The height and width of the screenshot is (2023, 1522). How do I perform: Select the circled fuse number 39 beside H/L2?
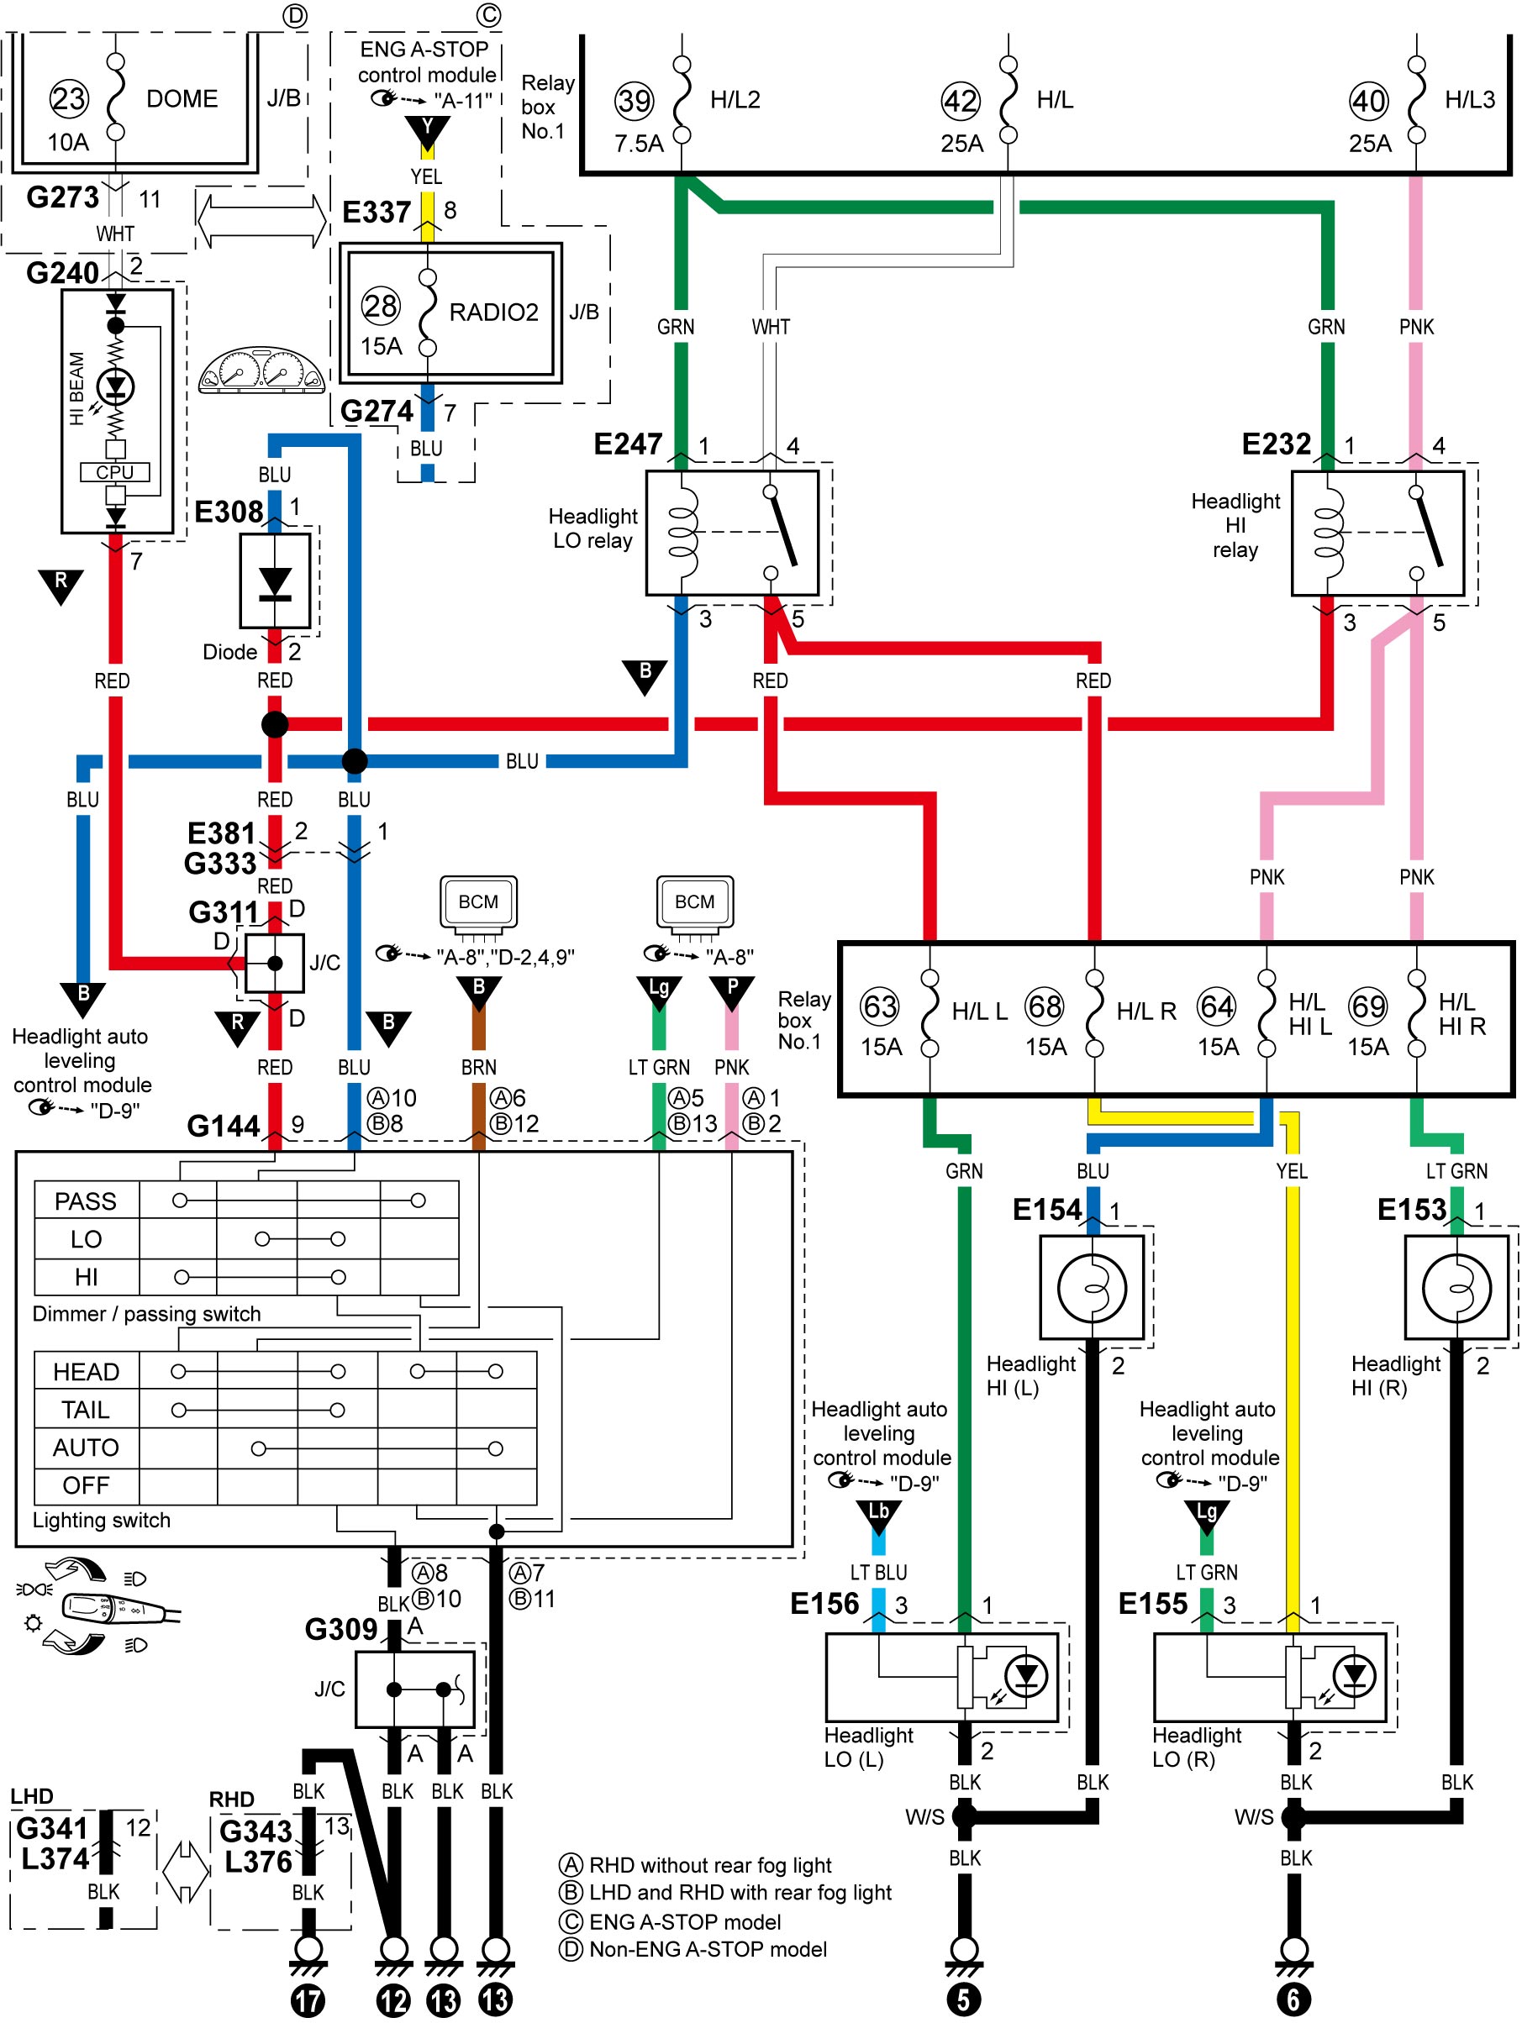(x=634, y=101)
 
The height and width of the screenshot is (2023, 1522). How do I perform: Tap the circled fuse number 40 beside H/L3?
(x=1368, y=101)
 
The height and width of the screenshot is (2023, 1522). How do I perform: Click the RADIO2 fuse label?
(x=493, y=312)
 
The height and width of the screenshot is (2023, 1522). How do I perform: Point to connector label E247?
(x=628, y=444)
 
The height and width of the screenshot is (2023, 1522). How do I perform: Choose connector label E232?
(x=1276, y=444)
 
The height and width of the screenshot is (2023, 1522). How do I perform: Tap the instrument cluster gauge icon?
(x=261, y=370)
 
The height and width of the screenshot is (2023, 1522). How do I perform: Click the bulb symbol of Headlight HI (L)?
(x=1092, y=1289)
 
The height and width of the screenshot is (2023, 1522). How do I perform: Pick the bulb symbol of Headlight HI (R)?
(x=1456, y=1289)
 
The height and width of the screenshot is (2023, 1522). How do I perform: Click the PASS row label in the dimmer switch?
(x=86, y=1201)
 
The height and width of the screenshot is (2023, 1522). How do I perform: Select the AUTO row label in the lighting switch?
(x=86, y=1448)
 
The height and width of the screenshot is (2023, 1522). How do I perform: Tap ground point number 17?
(x=308, y=2001)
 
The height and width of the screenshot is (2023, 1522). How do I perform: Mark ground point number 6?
(x=1293, y=2000)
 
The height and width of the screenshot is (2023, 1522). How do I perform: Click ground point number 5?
(x=963, y=2000)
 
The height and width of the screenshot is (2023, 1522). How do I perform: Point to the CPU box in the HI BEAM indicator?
(x=115, y=472)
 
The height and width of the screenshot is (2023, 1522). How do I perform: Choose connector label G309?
(x=341, y=1630)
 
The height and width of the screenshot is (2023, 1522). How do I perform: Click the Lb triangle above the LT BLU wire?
(x=878, y=1517)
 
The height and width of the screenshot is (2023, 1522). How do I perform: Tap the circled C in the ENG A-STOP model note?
(x=571, y=1921)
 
